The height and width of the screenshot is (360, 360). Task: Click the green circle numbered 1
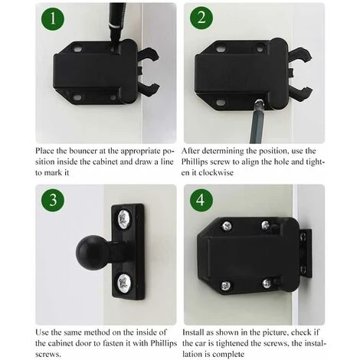(x=53, y=18)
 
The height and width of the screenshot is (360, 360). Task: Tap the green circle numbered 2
(x=201, y=18)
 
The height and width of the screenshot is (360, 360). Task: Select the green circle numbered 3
(x=53, y=200)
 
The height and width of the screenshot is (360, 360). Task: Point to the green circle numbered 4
(x=201, y=200)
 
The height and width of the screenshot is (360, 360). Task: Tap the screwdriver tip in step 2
(x=260, y=103)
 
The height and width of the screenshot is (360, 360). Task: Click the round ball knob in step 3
(x=93, y=252)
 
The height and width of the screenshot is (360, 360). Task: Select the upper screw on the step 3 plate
(x=125, y=218)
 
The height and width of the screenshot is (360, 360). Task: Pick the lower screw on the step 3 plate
(x=125, y=283)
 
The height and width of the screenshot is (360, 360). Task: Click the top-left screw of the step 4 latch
(x=227, y=225)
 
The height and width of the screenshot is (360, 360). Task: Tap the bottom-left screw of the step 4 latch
(x=225, y=286)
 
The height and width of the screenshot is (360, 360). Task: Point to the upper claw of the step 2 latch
(x=301, y=54)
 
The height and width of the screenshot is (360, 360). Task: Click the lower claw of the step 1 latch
(x=149, y=89)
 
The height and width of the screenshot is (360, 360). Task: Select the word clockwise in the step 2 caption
(x=216, y=173)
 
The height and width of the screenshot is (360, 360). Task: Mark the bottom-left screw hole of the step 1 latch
(x=77, y=97)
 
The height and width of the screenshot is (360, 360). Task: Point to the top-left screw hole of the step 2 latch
(x=220, y=48)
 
